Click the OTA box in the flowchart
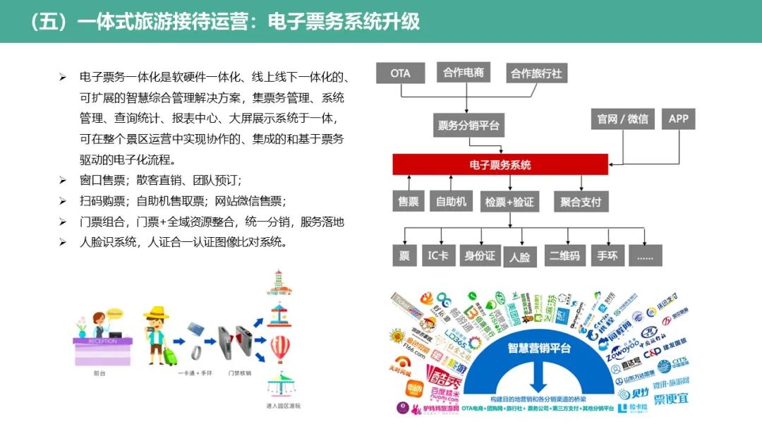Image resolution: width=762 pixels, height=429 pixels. coord(400,73)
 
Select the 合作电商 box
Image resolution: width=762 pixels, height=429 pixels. coord(464,73)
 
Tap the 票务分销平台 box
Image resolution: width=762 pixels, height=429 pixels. coord(468,126)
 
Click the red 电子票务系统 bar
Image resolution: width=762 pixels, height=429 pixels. coord(500,165)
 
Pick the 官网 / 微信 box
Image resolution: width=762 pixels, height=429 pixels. coord(622,119)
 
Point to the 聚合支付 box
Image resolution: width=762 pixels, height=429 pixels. coord(581,202)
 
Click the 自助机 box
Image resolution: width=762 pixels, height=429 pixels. coord(451,202)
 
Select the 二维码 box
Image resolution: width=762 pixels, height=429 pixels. coord(564,255)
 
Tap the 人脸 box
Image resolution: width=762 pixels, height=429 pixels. coord(519,257)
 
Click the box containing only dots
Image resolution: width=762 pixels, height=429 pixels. coord(646,255)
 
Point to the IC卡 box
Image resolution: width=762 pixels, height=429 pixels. coord(437,255)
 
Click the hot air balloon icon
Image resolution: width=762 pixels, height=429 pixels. coord(281,347)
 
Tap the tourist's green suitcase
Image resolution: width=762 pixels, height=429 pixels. coord(170,354)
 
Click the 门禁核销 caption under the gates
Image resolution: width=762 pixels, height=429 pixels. coord(240,373)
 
